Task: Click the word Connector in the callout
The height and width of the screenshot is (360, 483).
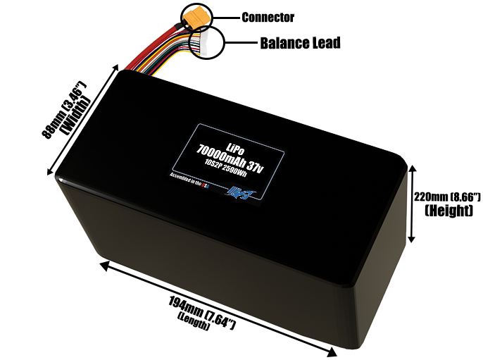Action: pyautogui.click(x=268, y=17)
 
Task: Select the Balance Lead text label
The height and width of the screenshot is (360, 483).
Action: pyautogui.click(x=300, y=43)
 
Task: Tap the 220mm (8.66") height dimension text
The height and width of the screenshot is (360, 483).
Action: pyautogui.click(x=447, y=196)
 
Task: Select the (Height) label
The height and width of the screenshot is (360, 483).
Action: pyautogui.click(x=448, y=210)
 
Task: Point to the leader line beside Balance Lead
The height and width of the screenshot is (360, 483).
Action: pyautogui.click(x=243, y=42)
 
